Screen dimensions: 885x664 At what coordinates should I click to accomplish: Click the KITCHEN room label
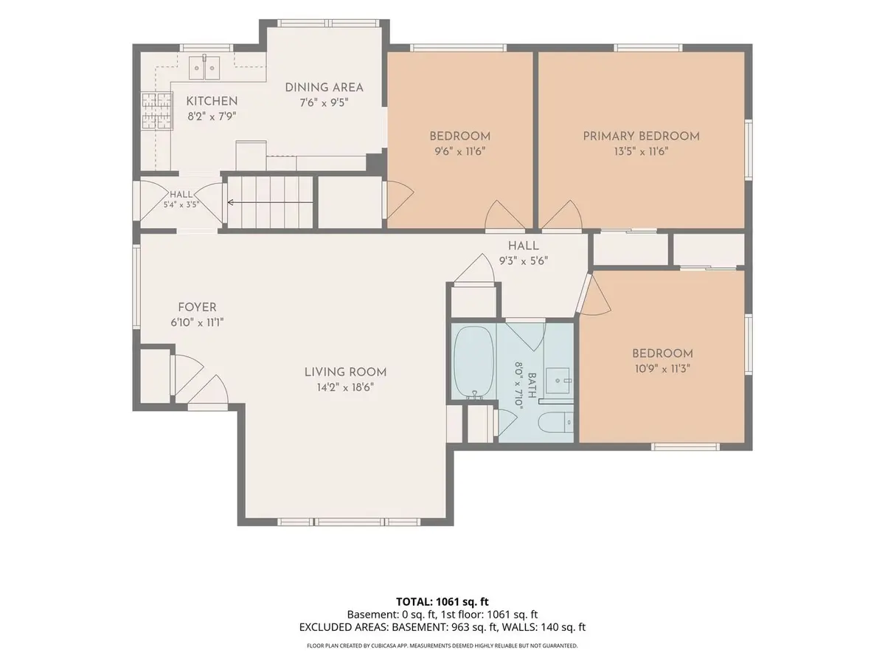(x=212, y=101)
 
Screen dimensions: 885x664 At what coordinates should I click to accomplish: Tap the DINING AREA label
(x=324, y=88)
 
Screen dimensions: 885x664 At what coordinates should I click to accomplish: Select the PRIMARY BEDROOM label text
(x=641, y=136)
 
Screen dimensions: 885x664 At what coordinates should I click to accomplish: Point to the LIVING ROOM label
(x=346, y=372)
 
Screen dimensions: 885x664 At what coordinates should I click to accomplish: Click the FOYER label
(x=197, y=307)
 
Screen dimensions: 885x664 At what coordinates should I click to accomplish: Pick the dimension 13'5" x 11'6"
(x=641, y=151)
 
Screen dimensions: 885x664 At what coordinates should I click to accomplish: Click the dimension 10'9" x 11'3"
(x=662, y=369)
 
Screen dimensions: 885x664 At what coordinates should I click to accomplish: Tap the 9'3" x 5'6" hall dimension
(x=524, y=261)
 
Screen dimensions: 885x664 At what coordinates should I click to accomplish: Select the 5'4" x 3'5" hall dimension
(x=181, y=205)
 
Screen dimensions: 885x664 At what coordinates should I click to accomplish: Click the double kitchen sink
(x=204, y=68)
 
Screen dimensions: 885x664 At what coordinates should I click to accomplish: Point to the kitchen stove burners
(x=157, y=111)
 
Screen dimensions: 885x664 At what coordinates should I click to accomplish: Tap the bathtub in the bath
(x=473, y=362)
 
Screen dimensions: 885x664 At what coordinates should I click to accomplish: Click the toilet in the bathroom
(x=555, y=423)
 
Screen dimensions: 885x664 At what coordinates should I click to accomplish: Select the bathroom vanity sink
(x=558, y=380)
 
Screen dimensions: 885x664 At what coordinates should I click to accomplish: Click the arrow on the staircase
(x=270, y=202)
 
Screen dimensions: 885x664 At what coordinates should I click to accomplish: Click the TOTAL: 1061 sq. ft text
(x=442, y=602)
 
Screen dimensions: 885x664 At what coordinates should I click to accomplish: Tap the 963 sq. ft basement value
(x=474, y=627)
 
